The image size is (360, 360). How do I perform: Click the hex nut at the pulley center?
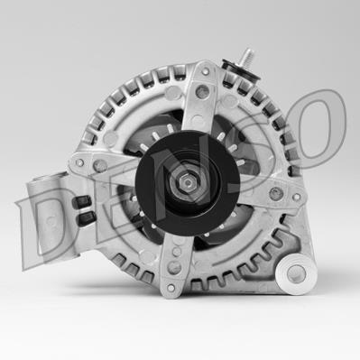click(x=188, y=182)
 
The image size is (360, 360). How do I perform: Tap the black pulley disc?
click(x=188, y=183)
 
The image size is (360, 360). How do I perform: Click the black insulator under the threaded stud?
click(x=241, y=69)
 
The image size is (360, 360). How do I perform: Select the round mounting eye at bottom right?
click(x=296, y=273)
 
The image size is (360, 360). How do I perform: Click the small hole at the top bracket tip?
click(x=206, y=71)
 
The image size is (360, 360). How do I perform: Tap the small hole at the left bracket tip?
click(x=79, y=162)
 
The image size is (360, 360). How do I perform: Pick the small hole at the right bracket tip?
click(x=297, y=197)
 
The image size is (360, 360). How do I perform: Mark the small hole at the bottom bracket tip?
click(x=171, y=288)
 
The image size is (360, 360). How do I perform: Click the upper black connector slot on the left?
click(x=81, y=201)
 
